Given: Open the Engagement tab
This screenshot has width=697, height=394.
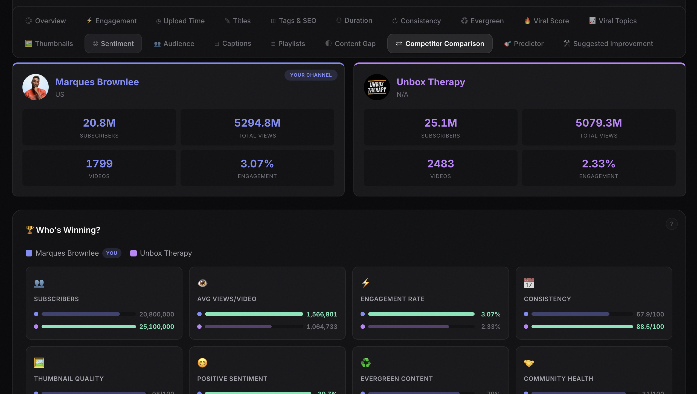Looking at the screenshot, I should (x=112, y=21).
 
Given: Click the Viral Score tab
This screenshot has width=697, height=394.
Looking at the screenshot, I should (x=547, y=21).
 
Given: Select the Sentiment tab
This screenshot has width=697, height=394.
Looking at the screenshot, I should (x=113, y=44).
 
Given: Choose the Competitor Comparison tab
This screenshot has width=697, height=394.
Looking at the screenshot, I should (x=440, y=44).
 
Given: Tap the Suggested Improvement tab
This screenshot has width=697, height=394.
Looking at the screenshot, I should (x=608, y=44).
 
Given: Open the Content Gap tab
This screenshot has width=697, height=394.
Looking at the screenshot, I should (x=350, y=44).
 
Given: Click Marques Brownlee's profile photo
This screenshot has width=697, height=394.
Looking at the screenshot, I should (x=36, y=87).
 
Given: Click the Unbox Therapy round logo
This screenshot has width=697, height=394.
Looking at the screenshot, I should (x=377, y=87).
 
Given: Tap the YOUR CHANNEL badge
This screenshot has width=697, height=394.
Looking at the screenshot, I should (x=311, y=75).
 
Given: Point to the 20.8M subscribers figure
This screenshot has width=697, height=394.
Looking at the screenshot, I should (x=99, y=123).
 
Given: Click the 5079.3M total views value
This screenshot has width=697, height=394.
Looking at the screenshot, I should (x=599, y=123).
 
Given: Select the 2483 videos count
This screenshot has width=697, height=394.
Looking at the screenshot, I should (x=440, y=164).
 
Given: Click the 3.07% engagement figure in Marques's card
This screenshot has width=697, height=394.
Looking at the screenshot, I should (x=257, y=164).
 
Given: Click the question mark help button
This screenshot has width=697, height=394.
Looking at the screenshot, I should (x=672, y=224).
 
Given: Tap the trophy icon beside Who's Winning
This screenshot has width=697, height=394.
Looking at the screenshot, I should (x=30, y=230).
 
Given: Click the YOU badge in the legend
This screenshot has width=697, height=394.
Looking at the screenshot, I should (x=112, y=253).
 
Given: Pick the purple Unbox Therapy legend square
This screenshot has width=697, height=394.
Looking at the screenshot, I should (x=133, y=253).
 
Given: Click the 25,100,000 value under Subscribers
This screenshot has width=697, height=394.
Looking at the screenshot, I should (x=157, y=327).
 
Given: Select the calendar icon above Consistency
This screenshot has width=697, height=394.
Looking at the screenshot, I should (x=529, y=283).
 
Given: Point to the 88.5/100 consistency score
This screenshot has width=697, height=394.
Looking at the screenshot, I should (x=650, y=327).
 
